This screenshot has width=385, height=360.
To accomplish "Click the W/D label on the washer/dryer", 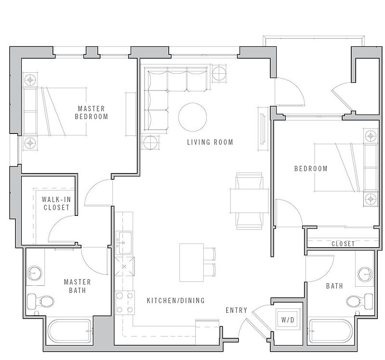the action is (288, 320).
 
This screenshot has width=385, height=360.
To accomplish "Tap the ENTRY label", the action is (237, 310).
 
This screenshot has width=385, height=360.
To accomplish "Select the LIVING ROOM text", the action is (210, 142).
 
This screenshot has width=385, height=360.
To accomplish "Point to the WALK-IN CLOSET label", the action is (56, 203).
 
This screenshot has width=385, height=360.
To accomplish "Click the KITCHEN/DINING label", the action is (176, 300).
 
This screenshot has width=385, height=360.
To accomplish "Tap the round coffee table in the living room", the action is (193, 117).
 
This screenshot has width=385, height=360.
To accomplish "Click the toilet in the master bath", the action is (40, 301).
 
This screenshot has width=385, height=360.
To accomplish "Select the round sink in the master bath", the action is (34, 273).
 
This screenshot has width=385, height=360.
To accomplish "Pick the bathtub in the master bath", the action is (70, 331).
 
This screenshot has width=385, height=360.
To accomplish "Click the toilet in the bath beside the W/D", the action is (360, 301).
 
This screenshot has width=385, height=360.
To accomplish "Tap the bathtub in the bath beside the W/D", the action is (330, 331).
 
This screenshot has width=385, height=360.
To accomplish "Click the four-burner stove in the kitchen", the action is (125, 303).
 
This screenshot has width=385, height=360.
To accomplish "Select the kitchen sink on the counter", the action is (125, 242).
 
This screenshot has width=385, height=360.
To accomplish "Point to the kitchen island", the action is (191, 263).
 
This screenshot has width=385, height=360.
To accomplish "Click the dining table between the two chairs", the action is (249, 201).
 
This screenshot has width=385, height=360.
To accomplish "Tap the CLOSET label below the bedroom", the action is (343, 244).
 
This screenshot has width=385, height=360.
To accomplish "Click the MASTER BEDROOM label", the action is (92, 112).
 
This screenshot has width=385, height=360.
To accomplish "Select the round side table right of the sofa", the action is (219, 73).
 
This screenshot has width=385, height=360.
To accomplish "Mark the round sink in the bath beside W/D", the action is (365, 274).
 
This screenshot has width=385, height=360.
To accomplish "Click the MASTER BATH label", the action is (78, 286).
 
